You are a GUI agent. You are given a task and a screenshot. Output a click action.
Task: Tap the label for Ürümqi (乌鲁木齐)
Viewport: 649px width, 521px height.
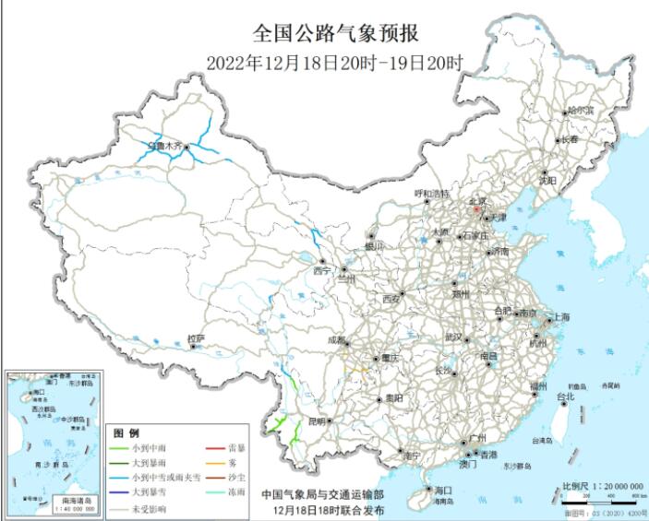[167, 145]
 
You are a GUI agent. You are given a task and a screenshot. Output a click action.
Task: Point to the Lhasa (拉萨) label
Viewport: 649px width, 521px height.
[195, 338]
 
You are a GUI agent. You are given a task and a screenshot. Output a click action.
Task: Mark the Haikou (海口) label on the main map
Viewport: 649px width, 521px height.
[442, 490]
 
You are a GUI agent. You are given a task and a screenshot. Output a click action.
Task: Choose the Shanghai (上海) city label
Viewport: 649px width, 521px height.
[560, 317]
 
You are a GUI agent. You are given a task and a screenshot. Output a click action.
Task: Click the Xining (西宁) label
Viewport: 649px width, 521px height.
[321, 271]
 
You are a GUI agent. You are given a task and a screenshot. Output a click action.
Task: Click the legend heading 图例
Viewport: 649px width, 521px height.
[126, 432]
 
